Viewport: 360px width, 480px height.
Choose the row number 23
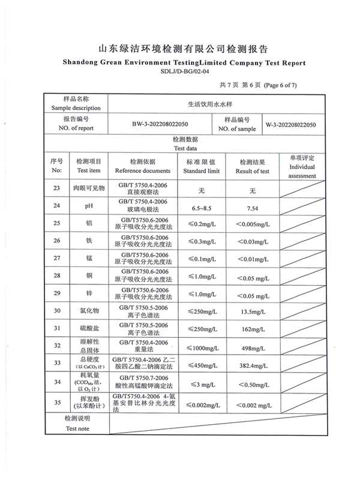point(57,188)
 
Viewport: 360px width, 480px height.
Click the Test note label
point(77,428)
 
